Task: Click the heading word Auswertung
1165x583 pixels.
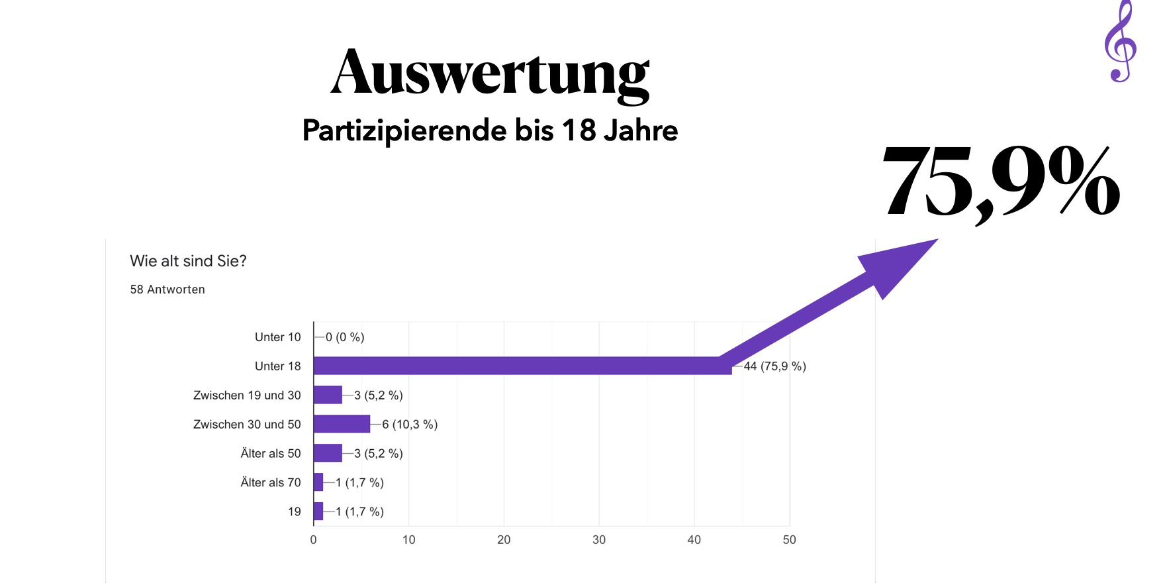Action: point(490,73)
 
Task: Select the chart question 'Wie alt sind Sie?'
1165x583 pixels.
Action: point(188,261)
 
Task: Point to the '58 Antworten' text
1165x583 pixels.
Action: point(167,290)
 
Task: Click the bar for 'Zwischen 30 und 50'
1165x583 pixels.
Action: point(342,424)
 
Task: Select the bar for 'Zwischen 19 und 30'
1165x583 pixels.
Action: point(328,395)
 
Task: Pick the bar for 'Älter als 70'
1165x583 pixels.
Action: point(318,482)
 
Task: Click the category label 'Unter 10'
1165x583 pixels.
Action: point(278,337)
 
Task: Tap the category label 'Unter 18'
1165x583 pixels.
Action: point(278,366)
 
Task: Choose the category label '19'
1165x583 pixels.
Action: point(295,511)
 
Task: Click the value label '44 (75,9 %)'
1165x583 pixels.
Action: point(774,366)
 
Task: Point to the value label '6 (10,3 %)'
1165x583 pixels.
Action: point(410,425)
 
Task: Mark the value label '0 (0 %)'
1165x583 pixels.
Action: point(345,337)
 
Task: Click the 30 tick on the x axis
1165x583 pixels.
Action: point(599,540)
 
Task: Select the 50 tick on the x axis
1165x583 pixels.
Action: point(789,540)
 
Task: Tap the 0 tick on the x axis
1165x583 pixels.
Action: point(314,540)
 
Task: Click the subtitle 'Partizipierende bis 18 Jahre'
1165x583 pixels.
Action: point(490,131)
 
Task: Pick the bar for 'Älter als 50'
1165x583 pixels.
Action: point(328,453)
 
